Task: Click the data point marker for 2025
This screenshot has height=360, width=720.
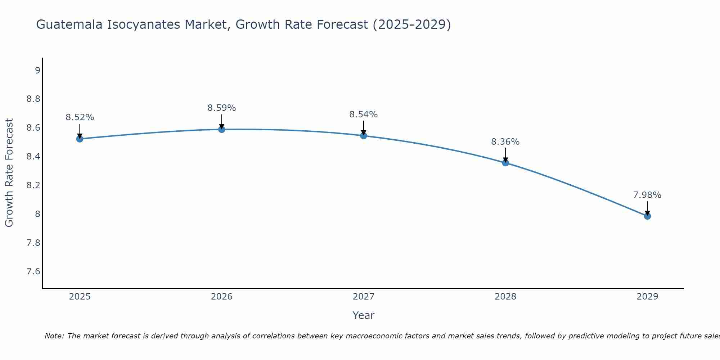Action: (x=80, y=139)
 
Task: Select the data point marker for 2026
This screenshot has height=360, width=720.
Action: (x=222, y=129)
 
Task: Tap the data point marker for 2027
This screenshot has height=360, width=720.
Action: (x=364, y=136)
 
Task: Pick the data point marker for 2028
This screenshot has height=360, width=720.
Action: (x=505, y=163)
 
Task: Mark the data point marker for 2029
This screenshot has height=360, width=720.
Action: (x=647, y=216)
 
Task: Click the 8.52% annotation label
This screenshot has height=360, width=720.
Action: (x=80, y=117)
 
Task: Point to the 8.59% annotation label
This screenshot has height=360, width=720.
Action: (x=222, y=108)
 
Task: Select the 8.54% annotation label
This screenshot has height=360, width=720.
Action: (x=364, y=114)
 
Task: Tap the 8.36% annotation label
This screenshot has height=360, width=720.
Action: (x=505, y=142)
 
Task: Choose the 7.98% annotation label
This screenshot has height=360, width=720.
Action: (x=647, y=195)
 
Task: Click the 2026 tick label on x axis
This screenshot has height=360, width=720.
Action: (x=222, y=297)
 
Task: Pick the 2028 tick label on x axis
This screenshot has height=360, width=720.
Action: (x=505, y=297)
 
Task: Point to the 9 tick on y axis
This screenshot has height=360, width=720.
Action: (x=37, y=70)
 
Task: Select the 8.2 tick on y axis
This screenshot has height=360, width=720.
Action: (x=33, y=185)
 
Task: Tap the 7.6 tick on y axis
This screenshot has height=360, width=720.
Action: (x=33, y=271)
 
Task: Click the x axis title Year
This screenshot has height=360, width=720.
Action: (x=364, y=315)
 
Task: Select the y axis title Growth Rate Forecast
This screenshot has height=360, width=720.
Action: (x=9, y=173)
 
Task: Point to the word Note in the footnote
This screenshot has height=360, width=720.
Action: (x=54, y=336)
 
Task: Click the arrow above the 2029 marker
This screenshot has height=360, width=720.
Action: (x=647, y=208)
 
